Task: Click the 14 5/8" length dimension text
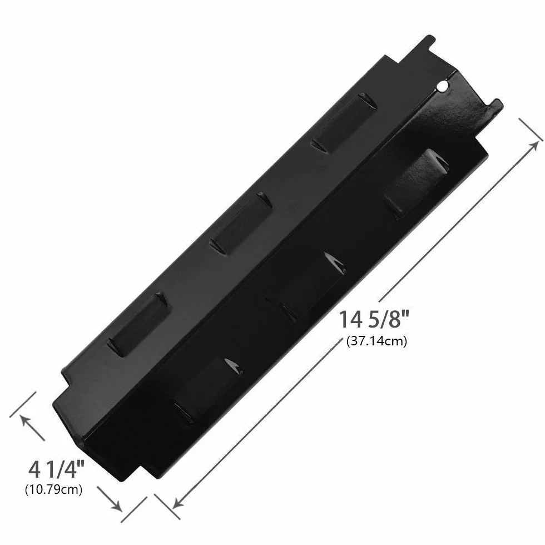click(374, 319)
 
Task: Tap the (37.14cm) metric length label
click(376, 341)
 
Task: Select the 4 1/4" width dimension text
click(57, 469)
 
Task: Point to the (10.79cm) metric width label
click(53, 490)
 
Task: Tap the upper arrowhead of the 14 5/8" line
click(533, 147)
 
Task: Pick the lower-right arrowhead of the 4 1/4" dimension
click(116, 506)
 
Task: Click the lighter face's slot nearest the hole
click(344, 123)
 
